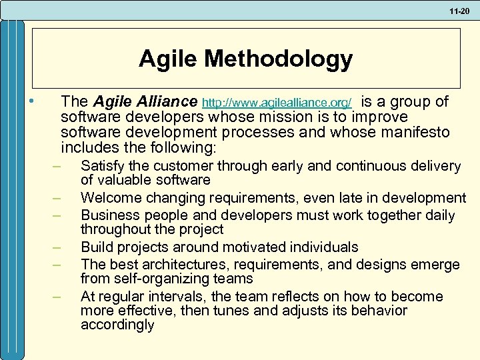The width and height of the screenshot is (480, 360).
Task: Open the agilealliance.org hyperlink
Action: [277, 103]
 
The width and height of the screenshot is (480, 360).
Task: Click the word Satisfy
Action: [102, 165]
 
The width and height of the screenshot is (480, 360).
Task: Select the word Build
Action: [96, 247]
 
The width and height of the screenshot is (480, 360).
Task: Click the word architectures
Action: [177, 264]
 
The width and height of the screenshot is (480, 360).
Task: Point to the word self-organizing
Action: [159, 279]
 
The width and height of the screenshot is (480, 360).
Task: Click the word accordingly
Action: [117, 325]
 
